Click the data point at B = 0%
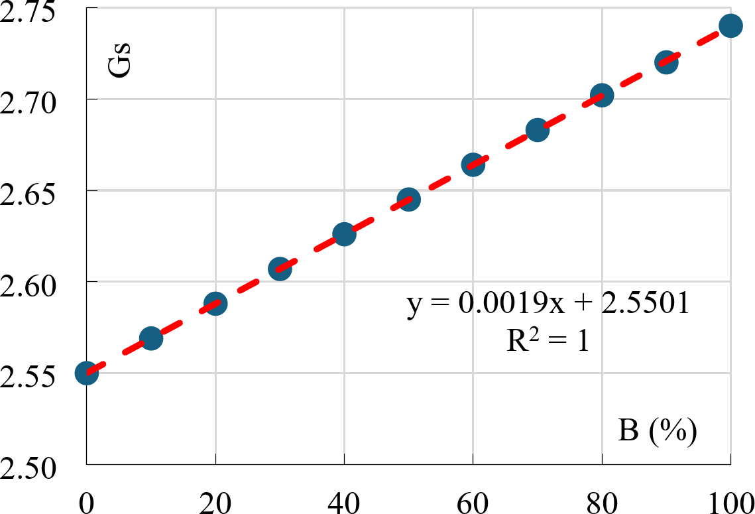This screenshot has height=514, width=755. point(87,373)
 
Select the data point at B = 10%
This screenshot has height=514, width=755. point(151,338)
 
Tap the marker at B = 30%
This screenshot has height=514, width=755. point(280,269)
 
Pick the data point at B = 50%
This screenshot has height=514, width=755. point(408,199)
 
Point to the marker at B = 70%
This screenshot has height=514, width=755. point(537,130)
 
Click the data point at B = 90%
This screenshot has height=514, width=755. point(666,62)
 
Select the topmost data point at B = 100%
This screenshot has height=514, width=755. point(730,26)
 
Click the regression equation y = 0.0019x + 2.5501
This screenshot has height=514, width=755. point(550,304)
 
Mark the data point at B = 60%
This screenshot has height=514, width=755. point(473,164)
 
